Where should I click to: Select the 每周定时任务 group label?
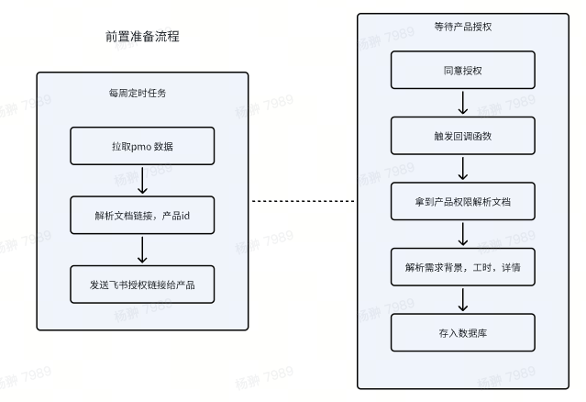(141, 93)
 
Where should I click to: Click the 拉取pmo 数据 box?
(142, 146)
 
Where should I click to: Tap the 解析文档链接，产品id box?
(142, 216)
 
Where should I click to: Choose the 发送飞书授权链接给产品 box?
(142, 285)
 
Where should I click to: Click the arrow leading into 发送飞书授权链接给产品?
(142, 250)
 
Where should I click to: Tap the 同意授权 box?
(462, 70)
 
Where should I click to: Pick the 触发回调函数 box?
(462, 135)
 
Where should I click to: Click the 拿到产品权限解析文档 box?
(462, 201)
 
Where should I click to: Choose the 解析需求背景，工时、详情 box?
(462, 267)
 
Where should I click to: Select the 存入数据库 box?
(462, 332)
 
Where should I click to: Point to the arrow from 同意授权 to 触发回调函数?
(462, 102)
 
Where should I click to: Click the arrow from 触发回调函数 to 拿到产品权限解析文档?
(462, 168)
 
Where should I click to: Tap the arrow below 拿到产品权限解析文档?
(462, 234)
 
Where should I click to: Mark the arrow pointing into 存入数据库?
(462, 300)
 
